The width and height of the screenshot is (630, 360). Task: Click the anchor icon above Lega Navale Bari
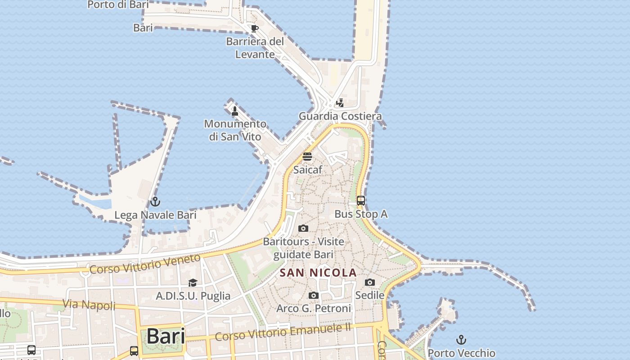coord(155,201)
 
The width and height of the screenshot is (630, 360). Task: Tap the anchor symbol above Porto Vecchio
coord(461,339)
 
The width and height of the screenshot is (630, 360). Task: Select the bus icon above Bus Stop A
coord(361,201)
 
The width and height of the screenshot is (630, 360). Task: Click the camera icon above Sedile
coord(370,282)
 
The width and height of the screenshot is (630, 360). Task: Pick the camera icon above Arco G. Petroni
coord(314,295)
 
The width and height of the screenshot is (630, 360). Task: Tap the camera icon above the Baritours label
coord(303,228)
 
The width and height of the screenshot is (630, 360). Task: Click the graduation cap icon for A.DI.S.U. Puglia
coord(193,283)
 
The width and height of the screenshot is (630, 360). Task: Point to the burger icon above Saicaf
coord(307,157)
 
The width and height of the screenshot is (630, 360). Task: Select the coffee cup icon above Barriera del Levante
coord(255,29)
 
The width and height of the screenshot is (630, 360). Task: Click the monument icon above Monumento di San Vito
coord(234,111)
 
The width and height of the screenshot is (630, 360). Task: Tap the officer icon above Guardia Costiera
coord(340,103)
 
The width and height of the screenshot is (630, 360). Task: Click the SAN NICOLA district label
coord(318,273)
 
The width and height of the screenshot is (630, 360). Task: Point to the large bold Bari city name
coord(166,336)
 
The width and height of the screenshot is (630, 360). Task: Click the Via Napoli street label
coord(89,305)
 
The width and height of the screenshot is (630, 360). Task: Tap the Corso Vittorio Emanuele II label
coord(283,332)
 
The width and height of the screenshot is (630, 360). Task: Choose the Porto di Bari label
coord(117,4)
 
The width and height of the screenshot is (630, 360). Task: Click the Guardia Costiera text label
coord(340,116)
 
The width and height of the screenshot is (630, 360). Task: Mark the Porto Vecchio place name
coord(461,353)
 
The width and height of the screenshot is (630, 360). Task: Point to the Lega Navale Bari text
coord(155,215)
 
